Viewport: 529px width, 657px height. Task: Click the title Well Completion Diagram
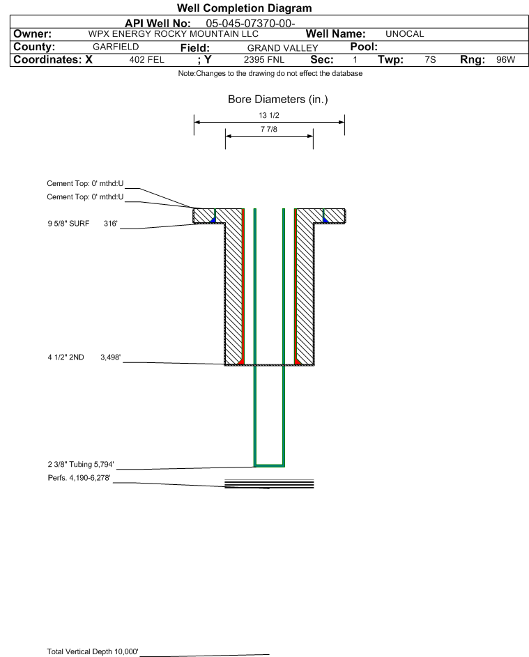(x=245, y=8)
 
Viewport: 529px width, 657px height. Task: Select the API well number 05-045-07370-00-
(x=250, y=24)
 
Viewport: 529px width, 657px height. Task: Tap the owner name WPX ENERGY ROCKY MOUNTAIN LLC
(x=173, y=34)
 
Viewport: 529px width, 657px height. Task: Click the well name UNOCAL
(x=404, y=34)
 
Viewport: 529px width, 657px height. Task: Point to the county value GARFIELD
(x=116, y=47)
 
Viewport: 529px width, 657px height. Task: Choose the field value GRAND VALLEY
(x=282, y=48)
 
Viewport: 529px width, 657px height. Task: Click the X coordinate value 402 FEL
(x=146, y=59)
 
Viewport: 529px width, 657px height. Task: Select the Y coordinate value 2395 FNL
(x=264, y=59)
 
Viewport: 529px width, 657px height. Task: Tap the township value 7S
(x=430, y=59)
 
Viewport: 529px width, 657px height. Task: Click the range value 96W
(x=505, y=59)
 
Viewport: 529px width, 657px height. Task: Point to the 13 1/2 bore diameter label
(x=269, y=115)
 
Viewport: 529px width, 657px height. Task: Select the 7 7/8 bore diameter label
(x=269, y=129)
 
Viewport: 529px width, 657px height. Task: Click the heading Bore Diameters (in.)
(x=278, y=100)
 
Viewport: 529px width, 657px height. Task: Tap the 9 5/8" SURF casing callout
(x=68, y=224)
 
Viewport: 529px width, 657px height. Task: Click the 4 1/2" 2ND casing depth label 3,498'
(x=110, y=357)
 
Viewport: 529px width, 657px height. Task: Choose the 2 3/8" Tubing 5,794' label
(x=81, y=464)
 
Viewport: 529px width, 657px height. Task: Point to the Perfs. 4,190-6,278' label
(x=79, y=478)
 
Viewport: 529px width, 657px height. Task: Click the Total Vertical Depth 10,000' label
(x=93, y=651)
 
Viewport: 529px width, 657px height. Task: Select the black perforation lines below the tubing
(x=269, y=484)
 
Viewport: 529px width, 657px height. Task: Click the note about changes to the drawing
(x=270, y=73)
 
